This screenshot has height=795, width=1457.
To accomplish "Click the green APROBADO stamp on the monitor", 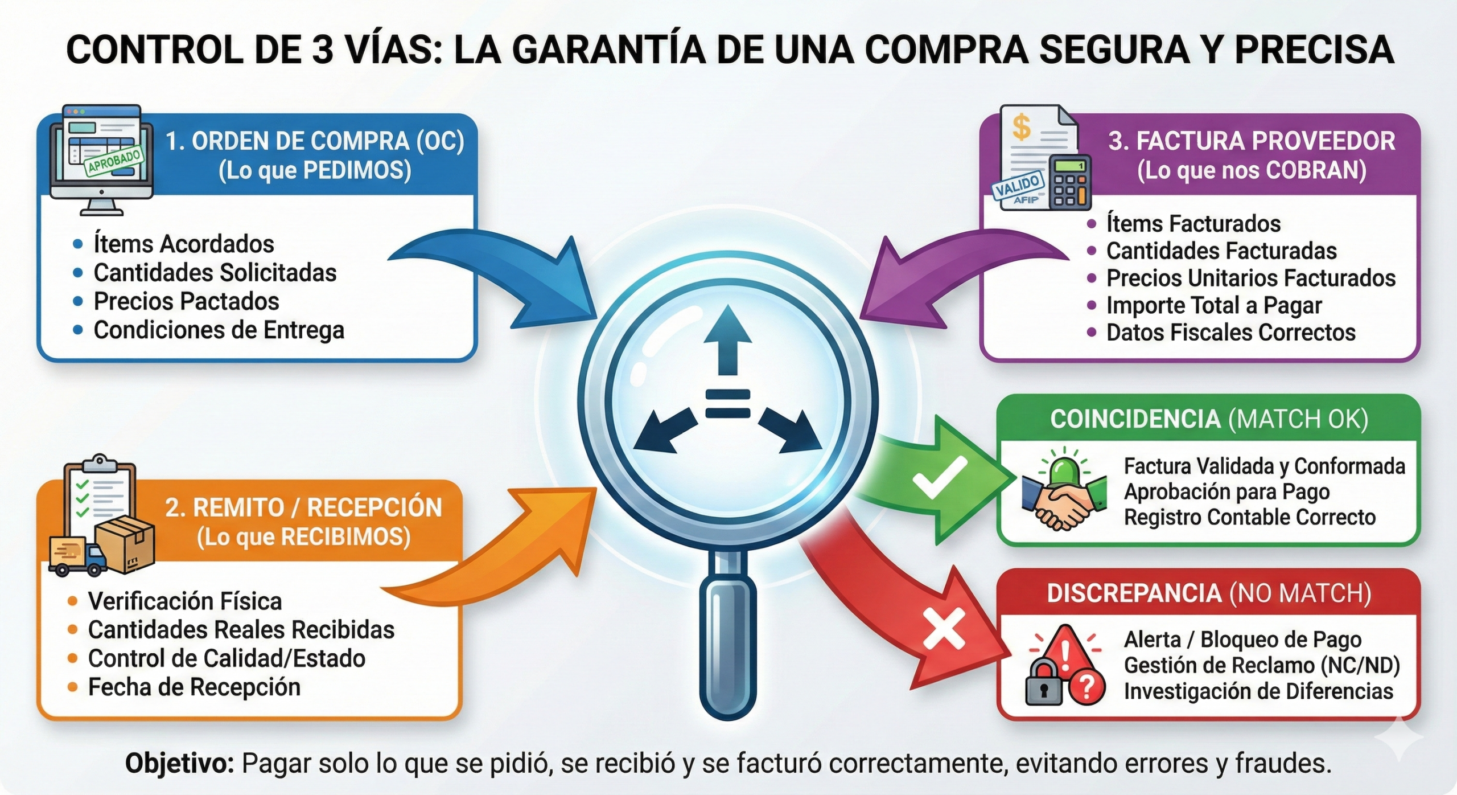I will tap(114, 161).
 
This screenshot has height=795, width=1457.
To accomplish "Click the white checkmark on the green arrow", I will tap(940, 477).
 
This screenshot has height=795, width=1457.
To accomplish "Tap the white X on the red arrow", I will tap(944, 629).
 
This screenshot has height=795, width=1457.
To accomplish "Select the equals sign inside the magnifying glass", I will tap(727, 403).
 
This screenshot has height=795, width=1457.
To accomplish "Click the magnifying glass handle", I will tap(728, 638).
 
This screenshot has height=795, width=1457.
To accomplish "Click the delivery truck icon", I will tap(77, 557).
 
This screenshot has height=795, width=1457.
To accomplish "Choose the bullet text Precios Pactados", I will tap(186, 301).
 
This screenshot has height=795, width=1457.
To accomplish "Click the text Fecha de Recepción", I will tap(194, 687).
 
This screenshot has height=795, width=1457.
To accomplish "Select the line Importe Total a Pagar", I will tap(1213, 305).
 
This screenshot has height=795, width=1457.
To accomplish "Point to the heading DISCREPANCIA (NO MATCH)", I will tap(1209, 593).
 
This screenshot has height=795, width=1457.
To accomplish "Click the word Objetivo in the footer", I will tap(179, 763).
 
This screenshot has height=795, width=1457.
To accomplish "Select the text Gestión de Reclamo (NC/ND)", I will tap(1262, 665).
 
